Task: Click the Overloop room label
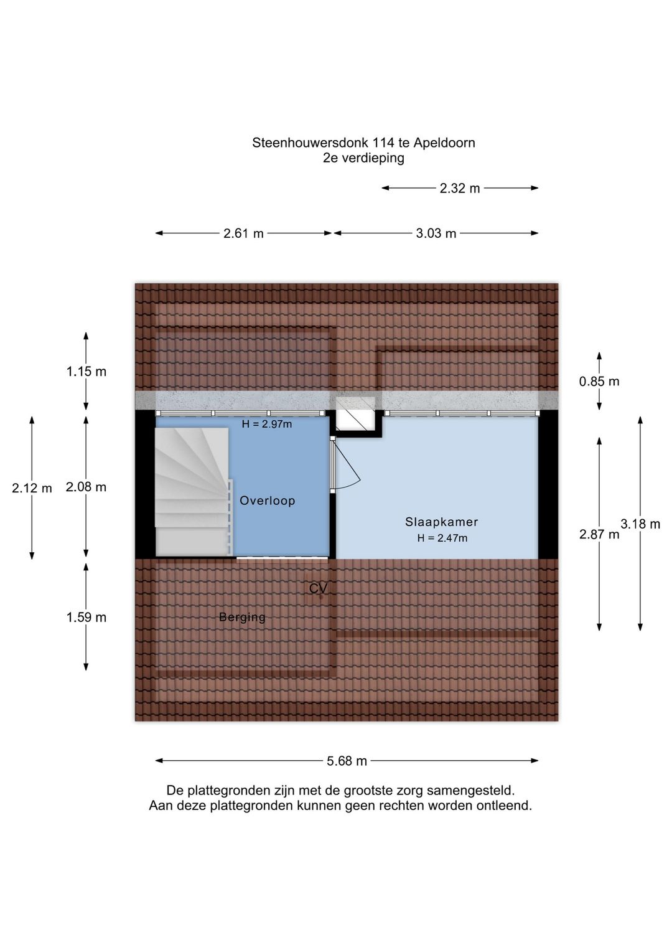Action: [x=267, y=501]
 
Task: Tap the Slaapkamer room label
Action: [x=441, y=522]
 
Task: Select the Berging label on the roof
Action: [x=242, y=617]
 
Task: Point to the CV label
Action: [x=318, y=588]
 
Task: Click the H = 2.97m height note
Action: [x=267, y=424]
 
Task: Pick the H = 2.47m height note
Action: [x=442, y=538]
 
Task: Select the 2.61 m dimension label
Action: [x=243, y=233]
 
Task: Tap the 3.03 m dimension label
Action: [x=436, y=233]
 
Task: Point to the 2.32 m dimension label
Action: [x=460, y=188]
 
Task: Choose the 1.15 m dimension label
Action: [x=86, y=372]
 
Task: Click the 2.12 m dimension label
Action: [x=32, y=489]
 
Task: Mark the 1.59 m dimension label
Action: [x=86, y=618]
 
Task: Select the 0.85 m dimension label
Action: [x=599, y=382]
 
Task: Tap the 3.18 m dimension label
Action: [x=640, y=524]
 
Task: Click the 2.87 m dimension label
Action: [x=599, y=534]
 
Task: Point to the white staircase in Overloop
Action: [x=194, y=492]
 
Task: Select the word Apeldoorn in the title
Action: [x=444, y=143]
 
